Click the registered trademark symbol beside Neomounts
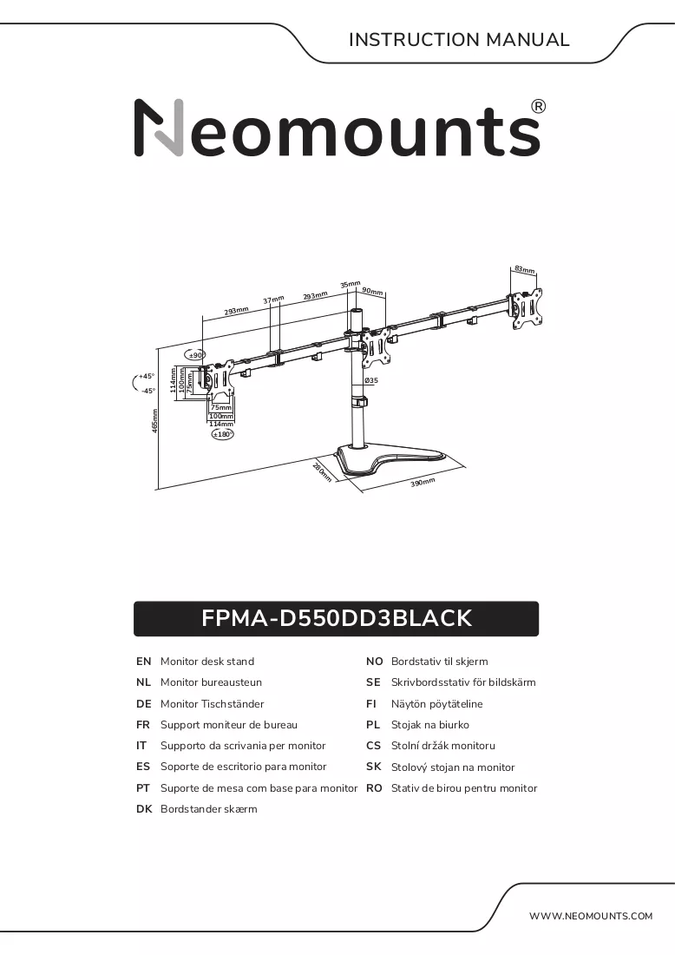(539, 107)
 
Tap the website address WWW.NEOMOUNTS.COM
(590, 915)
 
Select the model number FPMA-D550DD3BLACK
(337, 618)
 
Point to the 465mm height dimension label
(155, 421)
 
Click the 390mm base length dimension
(423, 483)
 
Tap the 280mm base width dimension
(323, 472)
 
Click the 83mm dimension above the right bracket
(525, 269)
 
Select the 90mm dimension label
(372, 291)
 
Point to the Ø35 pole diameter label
(371, 380)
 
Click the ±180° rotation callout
(223, 434)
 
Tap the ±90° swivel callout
(195, 355)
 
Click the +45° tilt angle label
(146, 377)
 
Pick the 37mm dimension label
(274, 300)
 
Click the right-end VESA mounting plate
(525, 309)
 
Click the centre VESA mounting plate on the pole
(376, 347)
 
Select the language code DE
(144, 704)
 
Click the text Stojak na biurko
(430, 725)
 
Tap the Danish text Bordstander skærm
(209, 809)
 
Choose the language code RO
(374, 788)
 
